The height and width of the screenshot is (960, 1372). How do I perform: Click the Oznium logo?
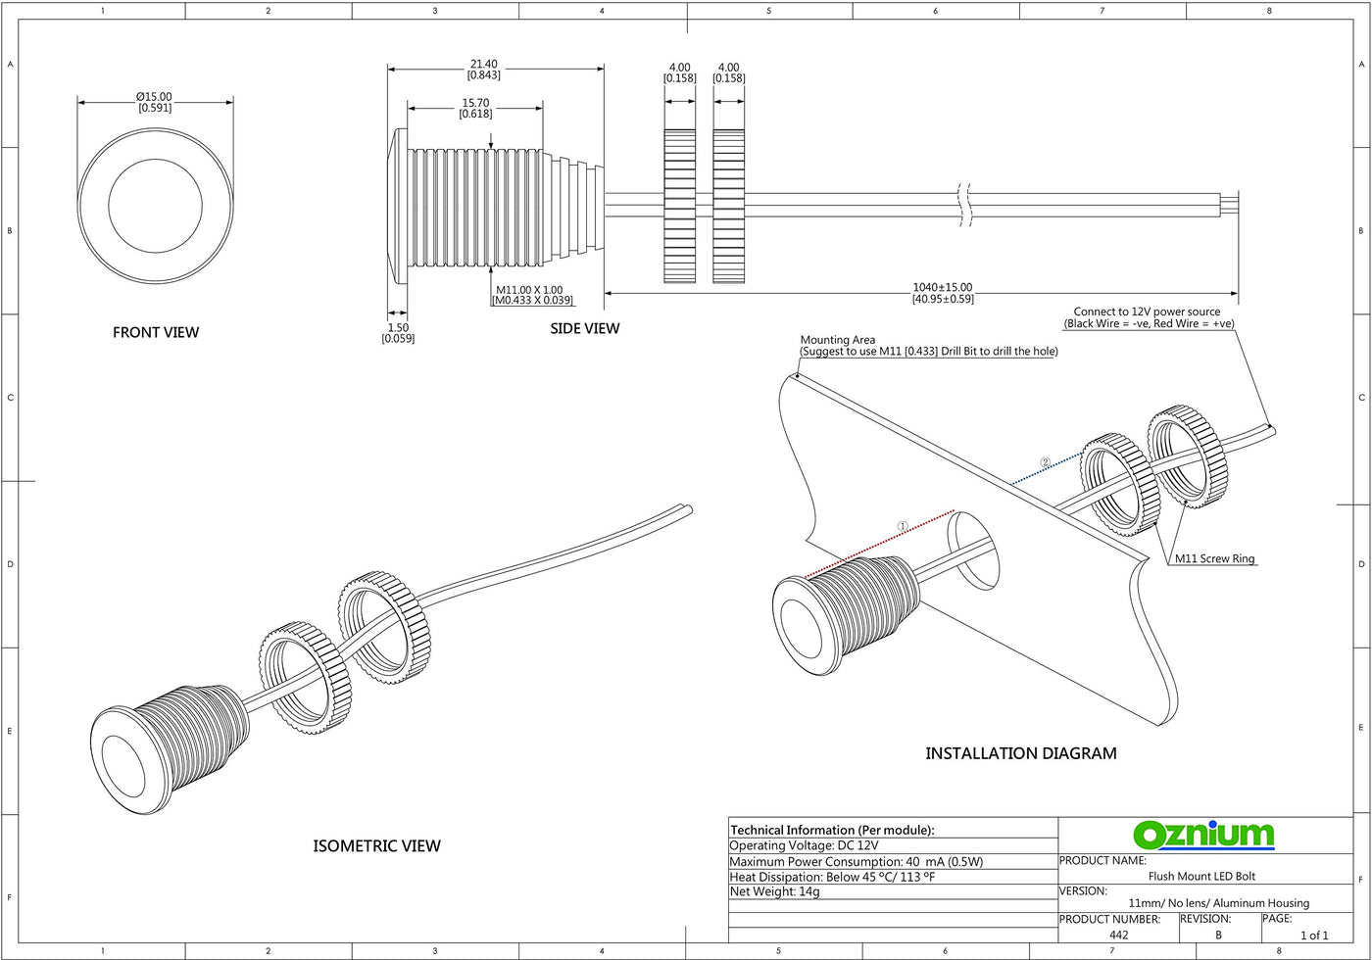pyautogui.click(x=1203, y=835)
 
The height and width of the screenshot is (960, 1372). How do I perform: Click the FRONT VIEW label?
pyautogui.click(x=156, y=332)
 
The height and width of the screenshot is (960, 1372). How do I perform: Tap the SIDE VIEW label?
pyautogui.click(x=584, y=328)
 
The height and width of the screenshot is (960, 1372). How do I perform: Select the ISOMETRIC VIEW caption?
pyautogui.click(x=376, y=845)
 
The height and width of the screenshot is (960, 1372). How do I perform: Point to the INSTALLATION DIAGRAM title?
pyautogui.click(x=1021, y=753)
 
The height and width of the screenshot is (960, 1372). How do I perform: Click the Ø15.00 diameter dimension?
pyautogui.click(x=155, y=97)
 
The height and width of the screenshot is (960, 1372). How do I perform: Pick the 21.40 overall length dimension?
pyautogui.click(x=484, y=65)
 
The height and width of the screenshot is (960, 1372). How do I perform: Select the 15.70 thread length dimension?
pyautogui.click(x=475, y=103)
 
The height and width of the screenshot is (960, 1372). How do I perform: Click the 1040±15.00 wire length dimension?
pyautogui.click(x=943, y=288)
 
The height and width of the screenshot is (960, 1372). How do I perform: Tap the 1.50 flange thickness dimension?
pyautogui.click(x=397, y=327)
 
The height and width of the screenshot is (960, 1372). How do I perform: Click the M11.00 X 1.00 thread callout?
pyautogui.click(x=529, y=290)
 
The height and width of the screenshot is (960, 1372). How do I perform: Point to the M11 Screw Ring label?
pyautogui.click(x=1214, y=559)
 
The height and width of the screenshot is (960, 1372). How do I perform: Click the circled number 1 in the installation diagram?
pyautogui.click(x=903, y=526)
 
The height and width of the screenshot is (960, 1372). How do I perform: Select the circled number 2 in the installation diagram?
pyautogui.click(x=1045, y=462)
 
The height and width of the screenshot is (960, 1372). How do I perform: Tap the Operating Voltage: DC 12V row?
pyautogui.click(x=804, y=845)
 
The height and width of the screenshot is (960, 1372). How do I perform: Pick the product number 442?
pyautogui.click(x=1118, y=936)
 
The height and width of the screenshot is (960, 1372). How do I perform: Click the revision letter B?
pyautogui.click(x=1218, y=936)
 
